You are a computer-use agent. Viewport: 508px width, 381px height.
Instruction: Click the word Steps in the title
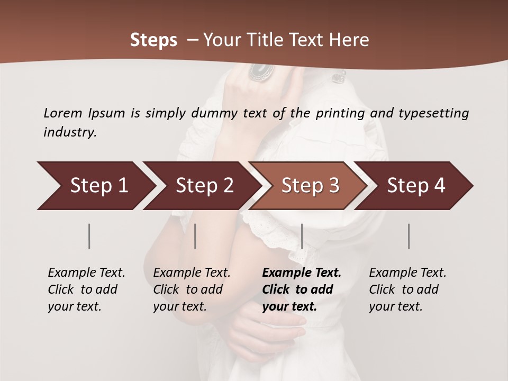[153, 40]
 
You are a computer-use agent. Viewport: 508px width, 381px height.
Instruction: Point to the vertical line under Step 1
[89, 236]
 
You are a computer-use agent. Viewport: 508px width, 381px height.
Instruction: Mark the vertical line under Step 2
[195, 236]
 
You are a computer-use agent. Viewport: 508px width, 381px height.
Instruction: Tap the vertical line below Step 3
[302, 236]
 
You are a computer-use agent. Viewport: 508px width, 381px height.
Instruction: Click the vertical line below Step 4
[409, 236]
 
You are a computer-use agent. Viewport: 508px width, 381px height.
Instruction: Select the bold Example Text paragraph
[302, 289]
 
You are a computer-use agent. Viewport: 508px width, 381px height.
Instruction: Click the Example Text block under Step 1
[86, 289]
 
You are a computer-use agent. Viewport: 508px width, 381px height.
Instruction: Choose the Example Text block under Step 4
[407, 289]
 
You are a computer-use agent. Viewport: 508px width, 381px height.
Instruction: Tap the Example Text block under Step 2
[192, 289]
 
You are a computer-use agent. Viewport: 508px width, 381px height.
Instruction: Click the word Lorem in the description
[63, 113]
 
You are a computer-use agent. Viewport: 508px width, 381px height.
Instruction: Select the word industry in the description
[70, 132]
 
